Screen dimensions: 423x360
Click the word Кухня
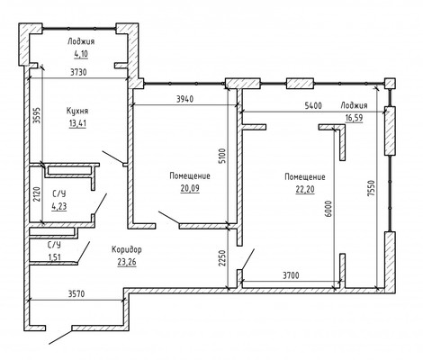point(77,111)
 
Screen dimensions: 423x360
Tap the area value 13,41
point(77,123)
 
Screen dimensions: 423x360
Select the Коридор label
point(127,249)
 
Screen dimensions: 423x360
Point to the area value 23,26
point(127,262)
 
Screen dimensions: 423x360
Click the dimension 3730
point(78,72)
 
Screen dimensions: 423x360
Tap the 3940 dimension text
point(184,99)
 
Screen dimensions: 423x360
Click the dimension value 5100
point(222,155)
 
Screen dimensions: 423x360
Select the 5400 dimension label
point(313,105)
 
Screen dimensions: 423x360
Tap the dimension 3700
point(291,275)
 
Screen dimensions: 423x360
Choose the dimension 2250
point(221,258)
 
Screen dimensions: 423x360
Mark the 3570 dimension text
point(76,294)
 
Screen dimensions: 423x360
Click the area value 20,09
point(190,188)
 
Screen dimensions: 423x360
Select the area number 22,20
point(305,189)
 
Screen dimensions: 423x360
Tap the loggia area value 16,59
point(354,118)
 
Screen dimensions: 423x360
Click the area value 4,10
point(81,54)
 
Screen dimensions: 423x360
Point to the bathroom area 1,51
point(54,257)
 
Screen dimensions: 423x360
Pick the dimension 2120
point(36,195)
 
